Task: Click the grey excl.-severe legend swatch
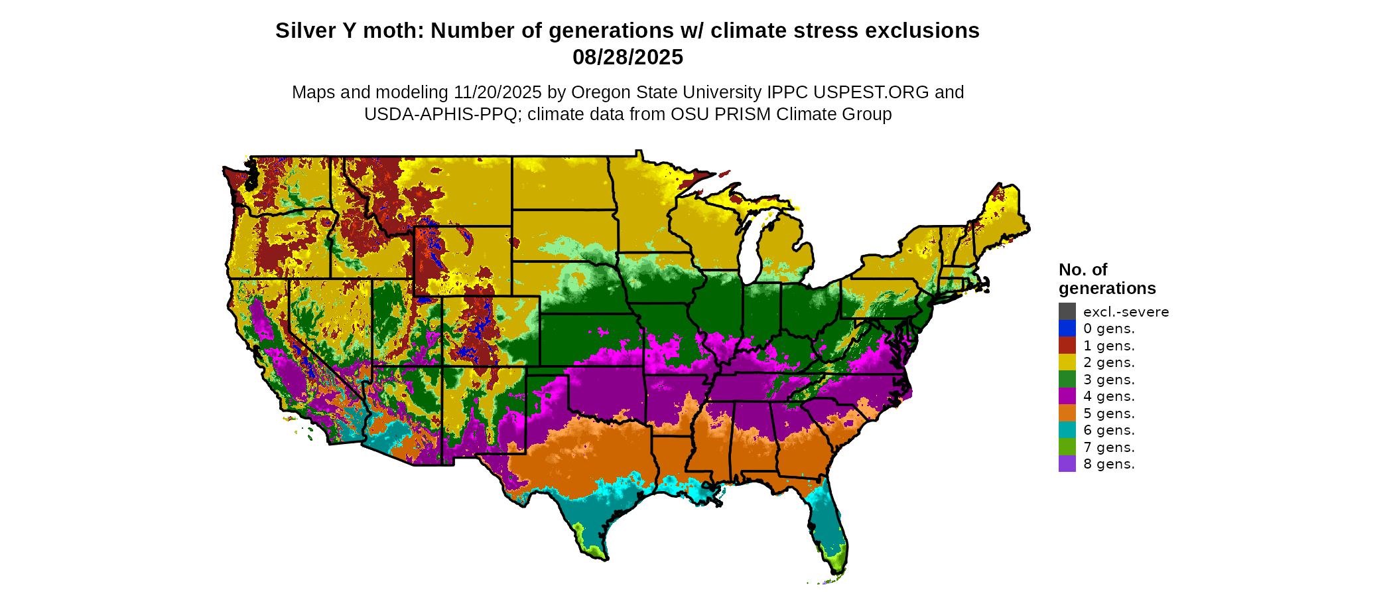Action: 1067,311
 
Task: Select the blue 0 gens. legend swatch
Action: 1067,329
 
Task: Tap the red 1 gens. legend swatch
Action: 1067,345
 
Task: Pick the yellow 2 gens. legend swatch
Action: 1067,362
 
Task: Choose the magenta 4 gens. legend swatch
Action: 1067,396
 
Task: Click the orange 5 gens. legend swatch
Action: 1067,413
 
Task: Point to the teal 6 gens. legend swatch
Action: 1067,430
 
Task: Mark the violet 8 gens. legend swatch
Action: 1067,464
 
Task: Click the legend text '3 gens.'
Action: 1108,380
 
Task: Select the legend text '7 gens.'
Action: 1108,447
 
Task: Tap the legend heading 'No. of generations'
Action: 1106,279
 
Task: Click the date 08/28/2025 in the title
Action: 628,57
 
